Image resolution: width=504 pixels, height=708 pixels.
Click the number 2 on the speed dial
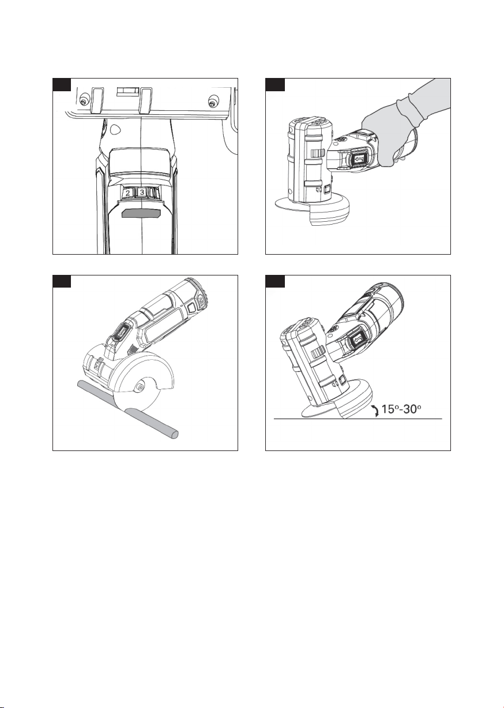pyautogui.click(x=128, y=192)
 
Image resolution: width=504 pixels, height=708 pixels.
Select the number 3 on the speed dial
pyautogui.click(x=142, y=192)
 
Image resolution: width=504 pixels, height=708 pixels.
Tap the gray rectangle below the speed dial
pyautogui.click(x=141, y=213)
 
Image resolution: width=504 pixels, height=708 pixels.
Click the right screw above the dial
pyautogui.click(x=213, y=102)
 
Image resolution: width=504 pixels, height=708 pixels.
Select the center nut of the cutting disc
pyautogui.click(x=139, y=387)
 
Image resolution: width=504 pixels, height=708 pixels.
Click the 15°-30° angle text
pyautogui.click(x=401, y=409)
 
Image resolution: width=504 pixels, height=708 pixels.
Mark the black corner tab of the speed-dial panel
pyautogui.click(x=62, y=85)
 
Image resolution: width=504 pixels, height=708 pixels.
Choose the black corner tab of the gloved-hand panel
pyautogui.click(x=275, y=85)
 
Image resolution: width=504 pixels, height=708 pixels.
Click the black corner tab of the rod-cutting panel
pyautogui.click(x=62, y=281)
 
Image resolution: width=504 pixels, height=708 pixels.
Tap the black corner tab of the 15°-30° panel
pyautogui.click(x=275, y=281)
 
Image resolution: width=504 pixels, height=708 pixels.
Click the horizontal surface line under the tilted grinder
pyautogui.click(x=358, y=419)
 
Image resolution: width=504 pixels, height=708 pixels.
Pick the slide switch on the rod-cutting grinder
pyautogui.click(x=120, y=333)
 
